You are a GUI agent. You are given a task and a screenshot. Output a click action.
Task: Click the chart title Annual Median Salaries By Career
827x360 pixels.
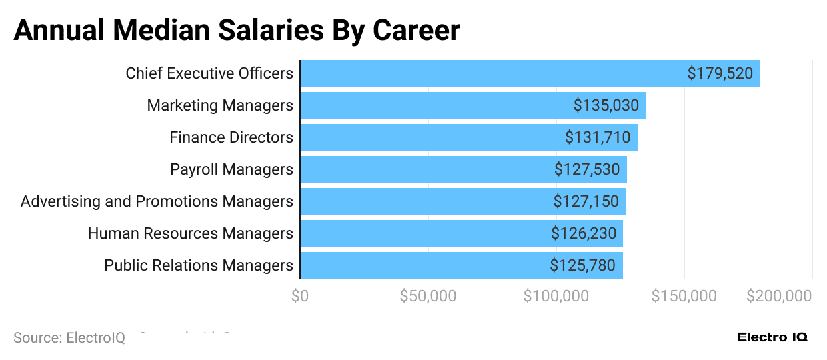coord(237,30)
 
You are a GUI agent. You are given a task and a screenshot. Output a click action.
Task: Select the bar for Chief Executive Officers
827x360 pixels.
coord(494,73)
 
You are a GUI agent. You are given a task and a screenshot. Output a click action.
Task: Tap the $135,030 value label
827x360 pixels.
coord(606,105)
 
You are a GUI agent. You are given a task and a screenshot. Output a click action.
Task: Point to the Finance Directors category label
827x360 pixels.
coord(231,137)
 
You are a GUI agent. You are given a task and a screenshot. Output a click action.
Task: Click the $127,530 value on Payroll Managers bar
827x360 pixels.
coord(586,169)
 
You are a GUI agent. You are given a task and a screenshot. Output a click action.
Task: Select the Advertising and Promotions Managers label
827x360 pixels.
coord(157,201)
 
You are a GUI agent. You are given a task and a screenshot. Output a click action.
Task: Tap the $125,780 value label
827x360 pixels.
coord(582,265)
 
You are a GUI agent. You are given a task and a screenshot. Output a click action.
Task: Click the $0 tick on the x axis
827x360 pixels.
coord(300,296)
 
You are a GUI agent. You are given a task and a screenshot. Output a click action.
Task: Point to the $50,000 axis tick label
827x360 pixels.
coord(428,296)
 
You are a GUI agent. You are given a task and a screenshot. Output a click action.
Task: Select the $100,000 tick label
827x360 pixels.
coord(556,296)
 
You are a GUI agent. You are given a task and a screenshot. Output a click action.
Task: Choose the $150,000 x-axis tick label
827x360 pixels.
coord(684,296)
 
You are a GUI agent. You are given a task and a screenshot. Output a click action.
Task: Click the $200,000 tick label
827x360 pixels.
coord(779,296)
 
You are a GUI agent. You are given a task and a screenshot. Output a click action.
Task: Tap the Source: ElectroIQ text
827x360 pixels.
coord(69,338)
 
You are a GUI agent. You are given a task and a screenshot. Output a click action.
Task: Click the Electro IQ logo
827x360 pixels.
coord(772,337)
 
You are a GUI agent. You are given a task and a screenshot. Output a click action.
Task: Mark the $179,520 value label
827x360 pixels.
coord(720,73)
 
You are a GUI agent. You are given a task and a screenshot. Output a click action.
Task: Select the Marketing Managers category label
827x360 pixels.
coord(220,105)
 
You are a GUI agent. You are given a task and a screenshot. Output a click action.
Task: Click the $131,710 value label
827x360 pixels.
coord(597,137)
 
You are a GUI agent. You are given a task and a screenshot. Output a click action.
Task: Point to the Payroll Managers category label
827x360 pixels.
coord(231,169)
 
